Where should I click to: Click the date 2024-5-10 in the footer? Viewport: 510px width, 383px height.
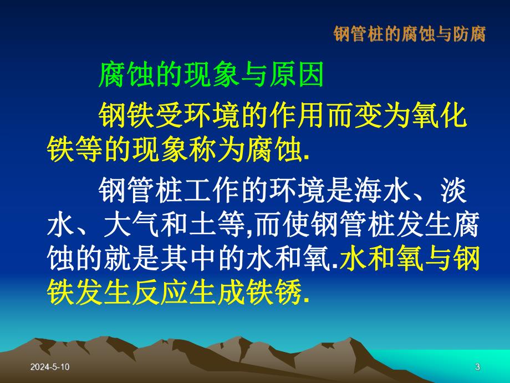point(51,366)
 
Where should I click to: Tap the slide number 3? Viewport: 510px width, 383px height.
point(477,366)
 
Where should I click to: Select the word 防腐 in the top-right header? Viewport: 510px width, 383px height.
point(472,34)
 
